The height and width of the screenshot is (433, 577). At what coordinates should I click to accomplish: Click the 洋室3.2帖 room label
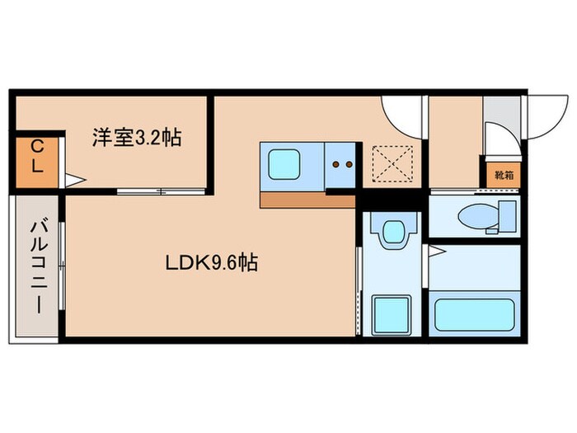137,138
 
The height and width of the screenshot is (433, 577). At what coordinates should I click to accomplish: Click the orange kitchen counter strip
307,200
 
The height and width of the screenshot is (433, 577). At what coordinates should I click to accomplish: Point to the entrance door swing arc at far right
545,115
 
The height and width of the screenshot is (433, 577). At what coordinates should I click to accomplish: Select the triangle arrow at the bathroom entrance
438,248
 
